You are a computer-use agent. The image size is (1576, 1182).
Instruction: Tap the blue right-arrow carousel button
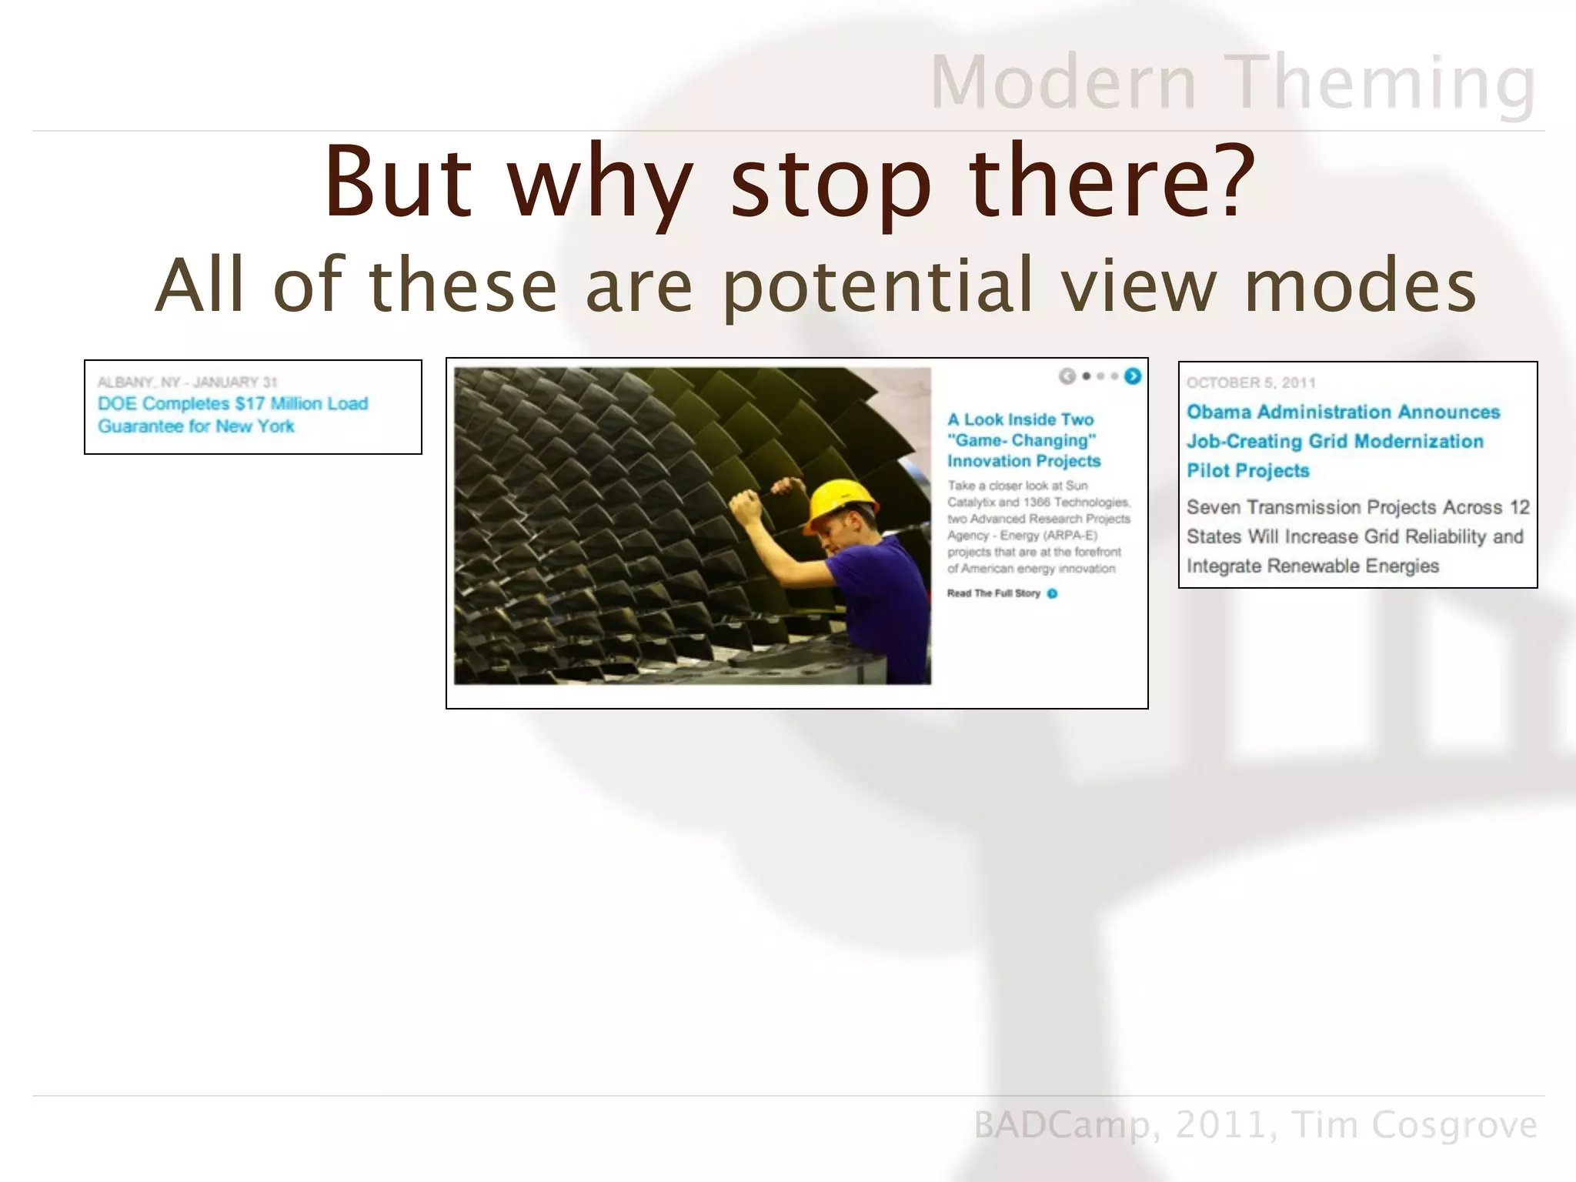click(1133, 376)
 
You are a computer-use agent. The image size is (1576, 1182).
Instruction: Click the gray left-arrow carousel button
click(1067, 376)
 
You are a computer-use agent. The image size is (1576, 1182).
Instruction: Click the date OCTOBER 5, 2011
click(1250, 382)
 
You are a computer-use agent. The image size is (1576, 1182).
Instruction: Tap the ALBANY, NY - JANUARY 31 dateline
click(187, 382)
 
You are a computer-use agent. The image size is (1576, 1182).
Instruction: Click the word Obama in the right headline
click(1219, 412)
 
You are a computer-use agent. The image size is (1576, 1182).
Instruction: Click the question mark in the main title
click(1228, 181)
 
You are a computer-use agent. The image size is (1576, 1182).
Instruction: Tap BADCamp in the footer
click(1061, 1125)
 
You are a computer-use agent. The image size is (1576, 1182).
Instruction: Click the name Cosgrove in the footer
click(1454, 1125)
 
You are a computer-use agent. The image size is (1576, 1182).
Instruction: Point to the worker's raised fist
click(746, 505)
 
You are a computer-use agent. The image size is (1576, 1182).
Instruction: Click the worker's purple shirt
click(885, 585)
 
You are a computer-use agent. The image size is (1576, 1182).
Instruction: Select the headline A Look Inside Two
click(1020, 420)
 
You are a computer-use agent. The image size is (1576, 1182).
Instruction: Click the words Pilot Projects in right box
click(1247, 471)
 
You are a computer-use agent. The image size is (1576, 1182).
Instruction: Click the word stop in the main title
click(830, 182)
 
